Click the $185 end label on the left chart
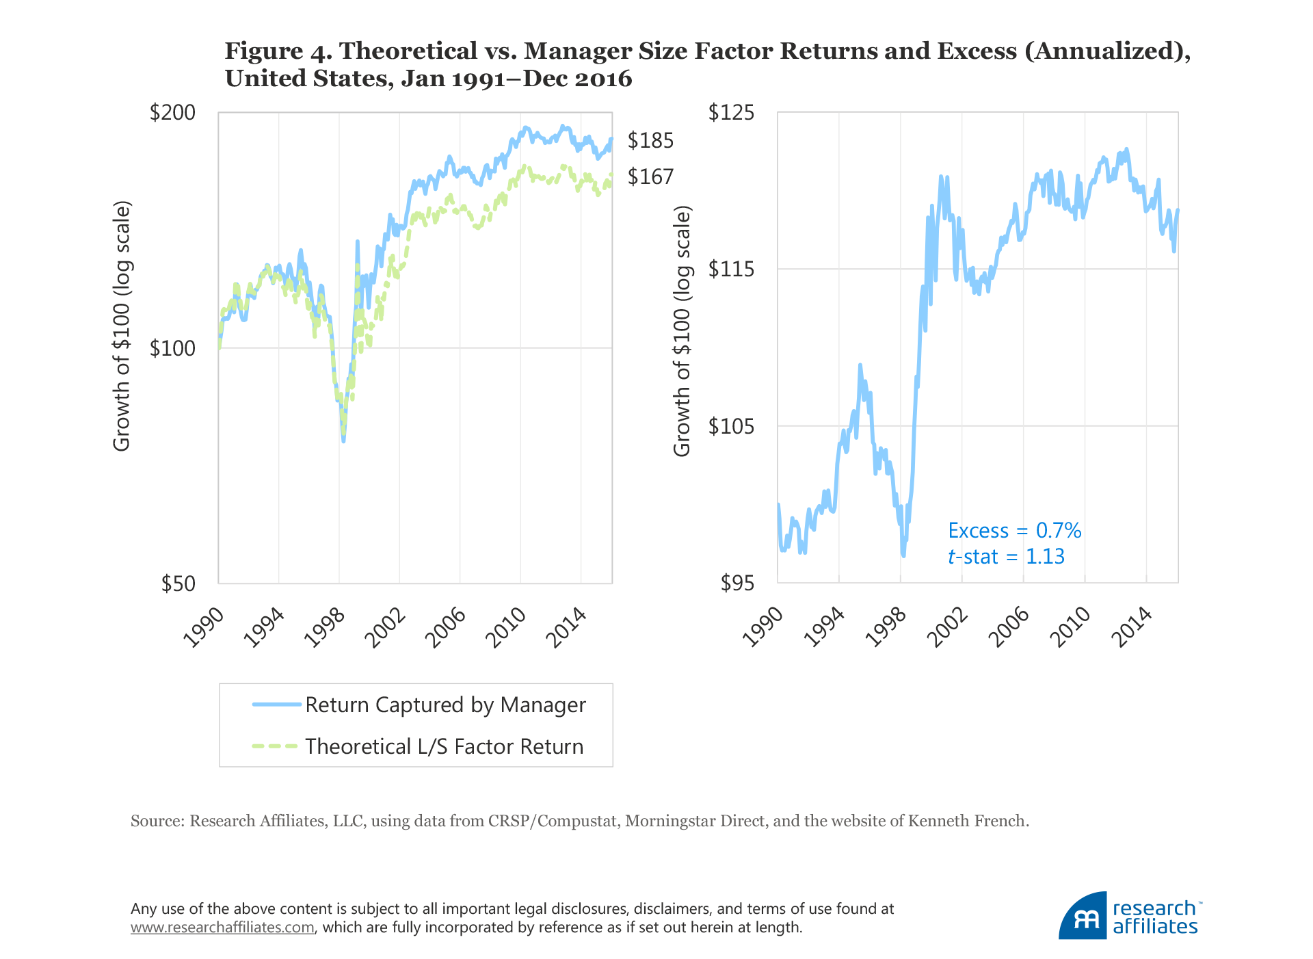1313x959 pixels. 650,141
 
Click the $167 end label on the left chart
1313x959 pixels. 650,177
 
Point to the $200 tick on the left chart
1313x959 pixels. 172,113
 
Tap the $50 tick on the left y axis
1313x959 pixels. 178,583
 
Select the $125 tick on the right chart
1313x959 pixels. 731,112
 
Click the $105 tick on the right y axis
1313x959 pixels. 731,427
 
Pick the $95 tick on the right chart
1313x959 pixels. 737,583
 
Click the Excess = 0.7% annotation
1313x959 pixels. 1014,531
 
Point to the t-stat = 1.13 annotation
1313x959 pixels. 1006,557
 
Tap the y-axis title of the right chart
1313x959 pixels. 682,331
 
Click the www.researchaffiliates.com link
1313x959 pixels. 222,928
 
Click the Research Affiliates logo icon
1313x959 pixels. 1083,917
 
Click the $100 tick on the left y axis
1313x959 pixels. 172,349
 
